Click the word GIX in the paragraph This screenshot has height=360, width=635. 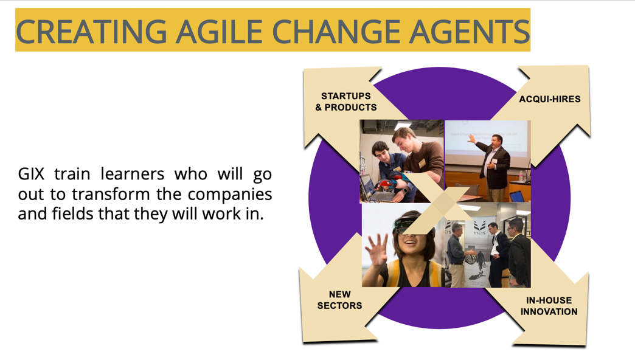pyautogui.click(x=31, y=174)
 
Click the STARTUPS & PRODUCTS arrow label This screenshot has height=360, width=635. pyautogui.click(x=346, y=102)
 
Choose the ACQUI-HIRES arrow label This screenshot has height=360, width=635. pyautogui.click(x=550, y=99)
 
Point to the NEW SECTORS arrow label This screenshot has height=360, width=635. pyautogui.click(x=339, y=300)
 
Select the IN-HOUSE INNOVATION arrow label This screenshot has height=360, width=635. pyautogui.click(x=549, y=306)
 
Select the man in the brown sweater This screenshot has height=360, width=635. pyautogui.click(x=419, y=162)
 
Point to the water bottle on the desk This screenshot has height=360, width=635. pyautogui.click(x=521, y=176)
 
